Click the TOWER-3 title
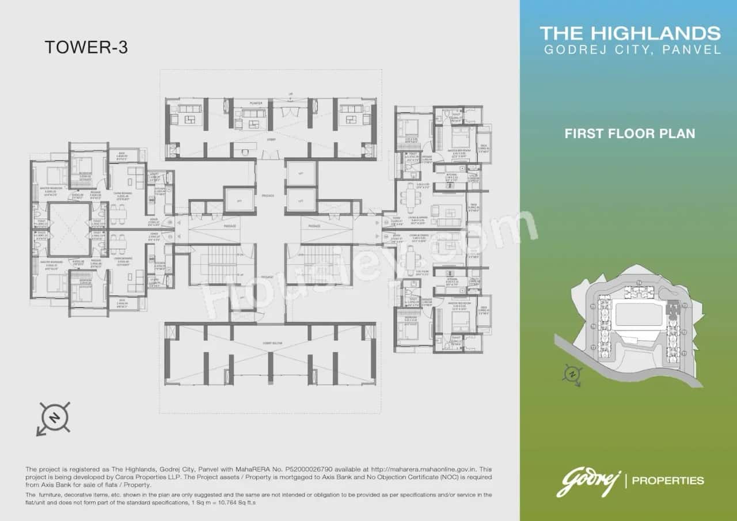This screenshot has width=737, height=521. click(x=86, y=48)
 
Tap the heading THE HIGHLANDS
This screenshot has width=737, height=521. click(x=630, y=33)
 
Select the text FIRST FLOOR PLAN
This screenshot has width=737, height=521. click(x=629, y=134)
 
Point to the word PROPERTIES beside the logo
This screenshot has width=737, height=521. click(x=668, y=480)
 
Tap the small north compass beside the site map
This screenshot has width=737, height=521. click(x=572, y=374)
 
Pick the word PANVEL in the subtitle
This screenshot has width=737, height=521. click(x=692, y=50)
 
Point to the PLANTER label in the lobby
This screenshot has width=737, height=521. click(x=256, y=104)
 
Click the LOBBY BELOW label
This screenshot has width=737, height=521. click(x=271, y=343)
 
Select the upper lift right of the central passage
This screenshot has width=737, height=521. click(x=301, y=173)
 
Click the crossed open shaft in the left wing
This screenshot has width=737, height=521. click(x=69, y=229)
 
